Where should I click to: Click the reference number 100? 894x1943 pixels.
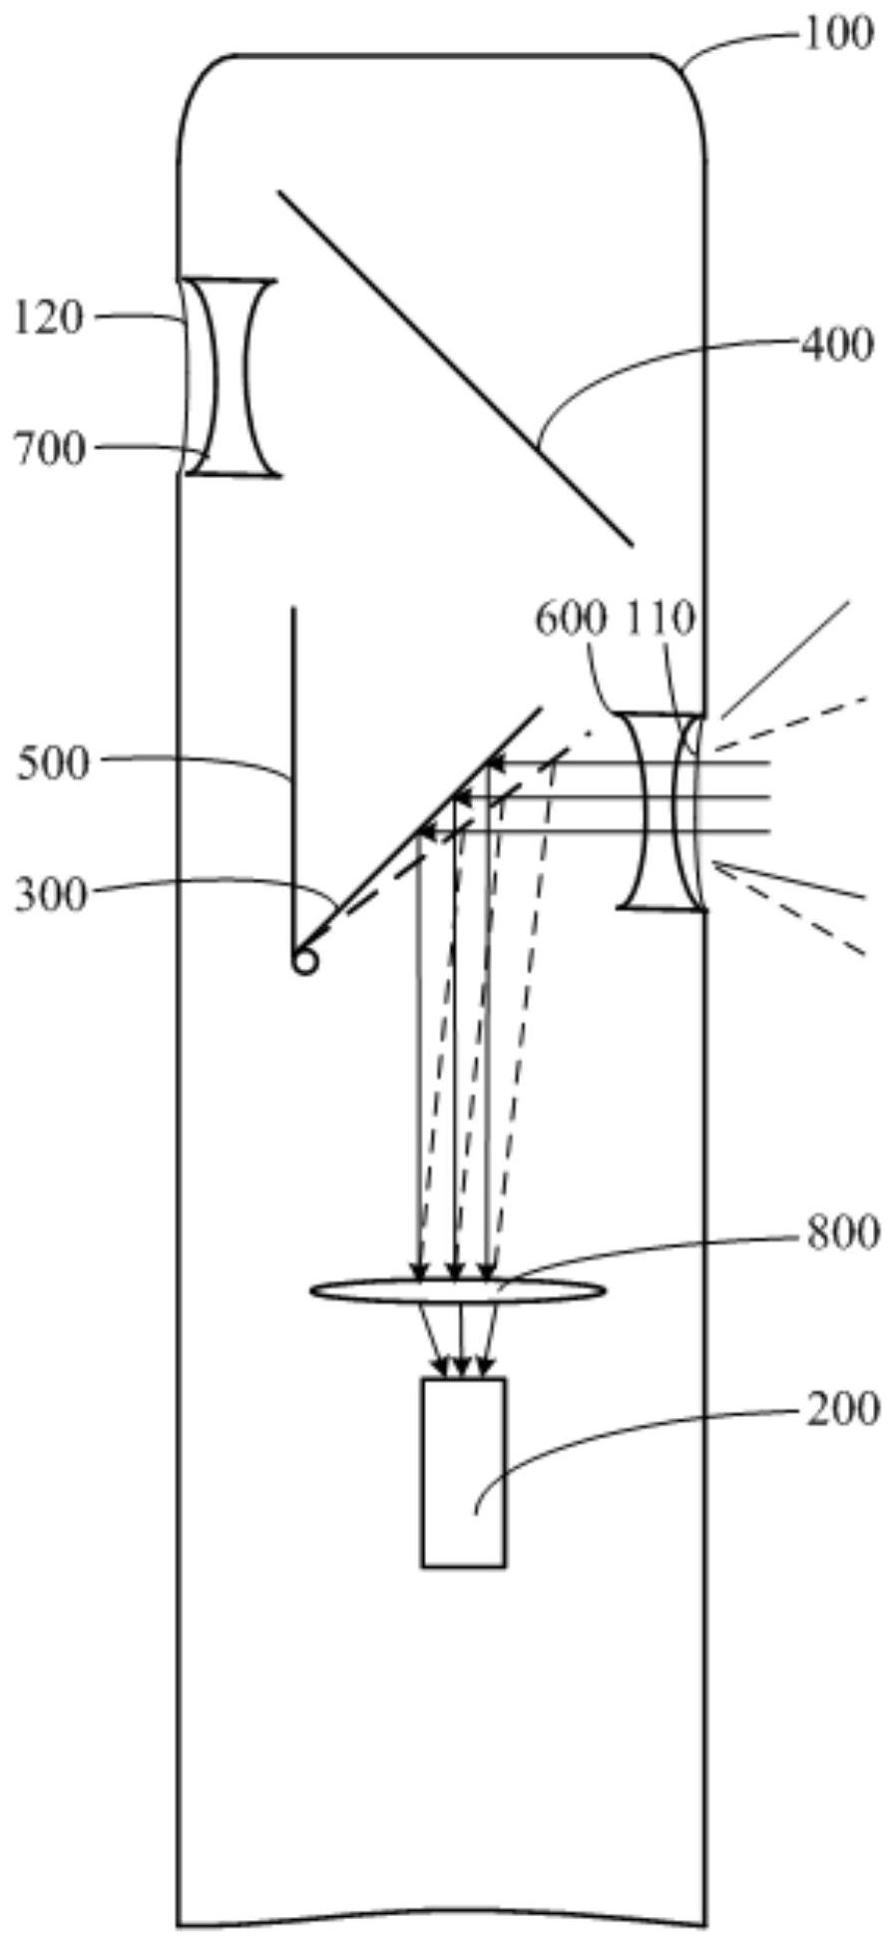(836, 37)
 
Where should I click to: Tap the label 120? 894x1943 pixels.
(49, 319)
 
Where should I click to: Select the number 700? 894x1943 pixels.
(49, 451)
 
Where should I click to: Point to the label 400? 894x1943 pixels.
(836, 345)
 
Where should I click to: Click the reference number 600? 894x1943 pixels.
(572, 620)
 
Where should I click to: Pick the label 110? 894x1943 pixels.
(661, 620)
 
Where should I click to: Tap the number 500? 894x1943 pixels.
(54, 764)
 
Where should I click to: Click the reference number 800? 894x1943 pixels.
(843, 1233)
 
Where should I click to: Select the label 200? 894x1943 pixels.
(843, 1409)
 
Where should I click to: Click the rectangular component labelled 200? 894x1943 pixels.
(463, 1473)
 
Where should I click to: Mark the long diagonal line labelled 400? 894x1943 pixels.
(455, 368)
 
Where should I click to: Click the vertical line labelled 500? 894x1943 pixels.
(293, 777)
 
